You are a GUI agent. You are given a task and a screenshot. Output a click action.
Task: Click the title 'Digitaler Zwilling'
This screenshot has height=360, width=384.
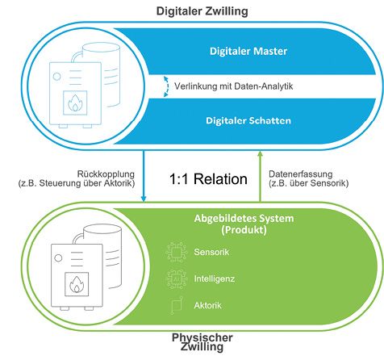point(191,10)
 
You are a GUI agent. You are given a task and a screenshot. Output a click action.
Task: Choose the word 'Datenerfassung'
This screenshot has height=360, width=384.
point(303,173)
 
